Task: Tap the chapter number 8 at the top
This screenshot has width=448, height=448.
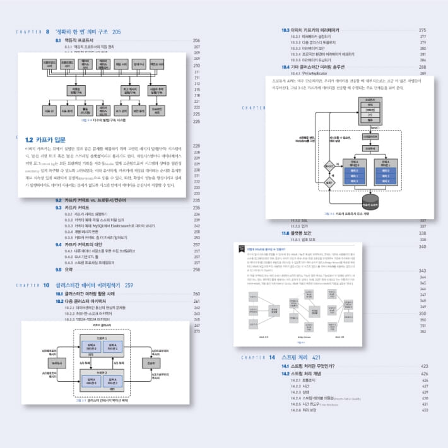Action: click(48, 32)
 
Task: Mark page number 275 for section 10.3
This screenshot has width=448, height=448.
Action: click(423, 30)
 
